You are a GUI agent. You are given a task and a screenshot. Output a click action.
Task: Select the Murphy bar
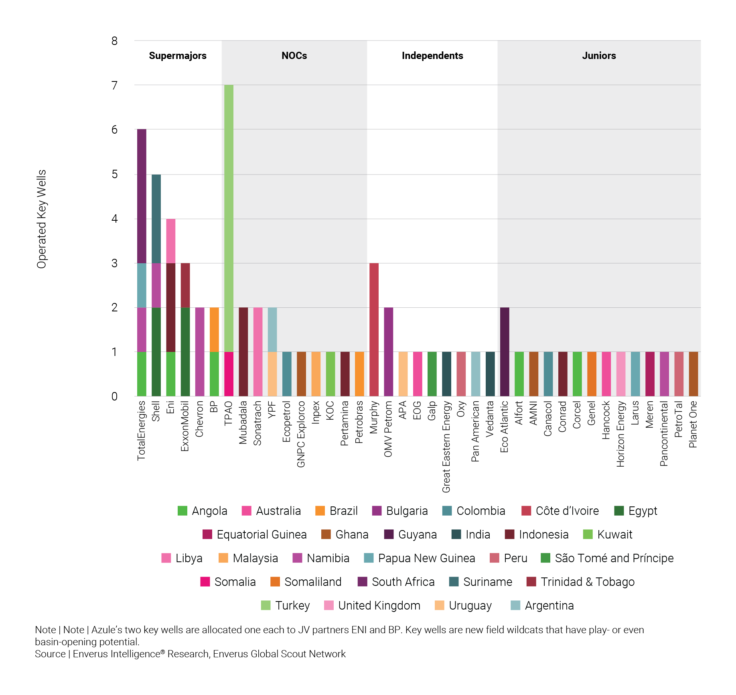[374, 329]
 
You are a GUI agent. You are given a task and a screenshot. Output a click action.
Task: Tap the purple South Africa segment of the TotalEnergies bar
[142, 196]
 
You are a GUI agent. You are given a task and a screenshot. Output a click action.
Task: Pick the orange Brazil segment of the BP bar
[214, 329]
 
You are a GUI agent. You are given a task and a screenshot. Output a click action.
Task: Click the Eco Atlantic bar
[505, 352]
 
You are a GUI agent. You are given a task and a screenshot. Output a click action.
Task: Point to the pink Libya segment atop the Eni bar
[171, 241]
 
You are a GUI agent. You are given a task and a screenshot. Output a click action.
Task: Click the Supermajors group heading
[178, 56]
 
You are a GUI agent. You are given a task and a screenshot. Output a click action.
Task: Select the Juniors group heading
[599, 56]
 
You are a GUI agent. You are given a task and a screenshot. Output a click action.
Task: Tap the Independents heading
[432, 56]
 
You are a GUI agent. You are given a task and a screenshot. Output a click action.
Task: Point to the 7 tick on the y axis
[115, 85]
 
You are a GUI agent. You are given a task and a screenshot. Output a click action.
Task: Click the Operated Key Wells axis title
[42, 219]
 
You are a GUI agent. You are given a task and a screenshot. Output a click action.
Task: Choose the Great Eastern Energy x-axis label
[446, 446]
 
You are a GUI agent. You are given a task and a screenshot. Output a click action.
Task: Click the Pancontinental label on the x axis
[664, 433]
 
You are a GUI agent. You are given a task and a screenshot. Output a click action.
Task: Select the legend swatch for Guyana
[389, 534]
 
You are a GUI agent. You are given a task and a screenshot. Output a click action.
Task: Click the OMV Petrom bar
[388, 352]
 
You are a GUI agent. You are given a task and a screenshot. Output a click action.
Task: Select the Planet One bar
[693, 374]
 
